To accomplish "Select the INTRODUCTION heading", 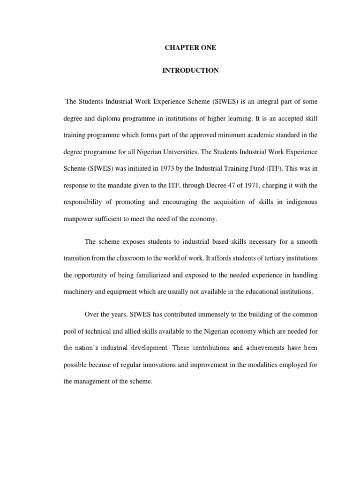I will (190, 71).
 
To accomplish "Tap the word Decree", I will (209, 186).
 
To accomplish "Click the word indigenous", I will (299, 202).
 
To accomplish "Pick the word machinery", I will (79, 292).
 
